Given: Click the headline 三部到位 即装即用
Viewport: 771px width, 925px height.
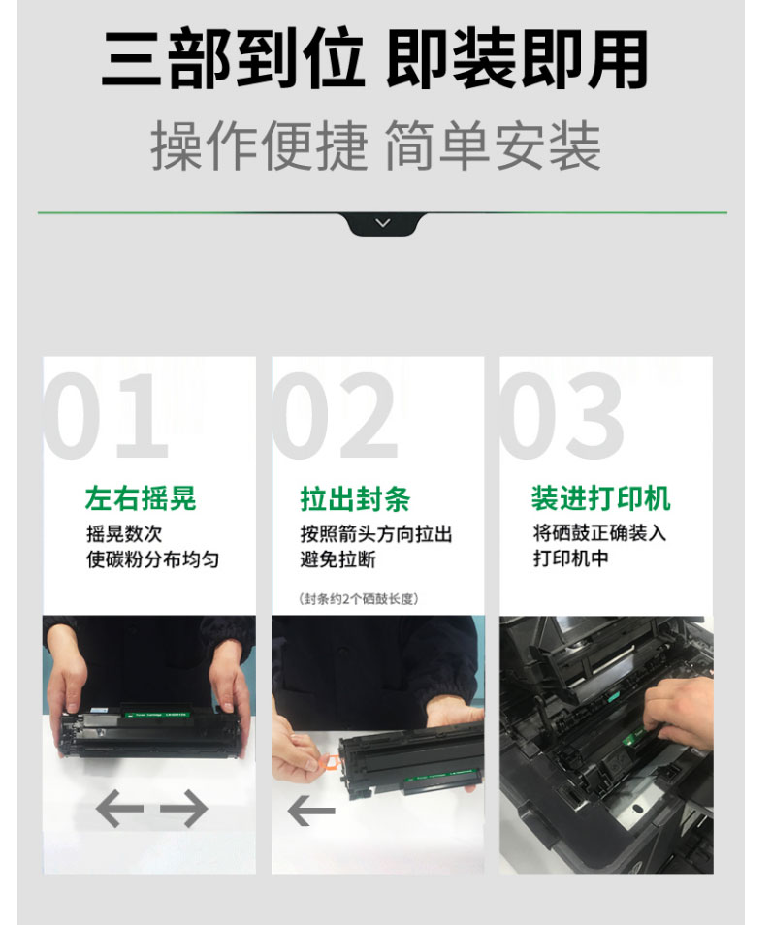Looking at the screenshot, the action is [x=375, y=59].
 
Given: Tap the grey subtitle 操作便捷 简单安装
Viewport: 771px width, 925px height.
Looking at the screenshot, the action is [x=375, y=145].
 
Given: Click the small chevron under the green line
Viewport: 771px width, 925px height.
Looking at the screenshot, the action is [x=383, y=223].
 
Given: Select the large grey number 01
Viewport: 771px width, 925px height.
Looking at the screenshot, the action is [x=106, y=415].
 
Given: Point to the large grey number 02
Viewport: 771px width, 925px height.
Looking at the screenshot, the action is [x=334, y=415].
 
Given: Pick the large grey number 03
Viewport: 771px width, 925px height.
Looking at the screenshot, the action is [x=562, y=415].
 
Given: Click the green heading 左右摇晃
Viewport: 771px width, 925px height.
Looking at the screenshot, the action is [x=141, y=498].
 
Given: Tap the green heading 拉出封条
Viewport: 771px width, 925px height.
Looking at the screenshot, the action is [x=355, y=499].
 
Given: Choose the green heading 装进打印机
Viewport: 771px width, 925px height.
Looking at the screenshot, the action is [x=600, y=498].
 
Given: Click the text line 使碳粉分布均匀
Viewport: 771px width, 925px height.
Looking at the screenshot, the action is [x=153, y=559].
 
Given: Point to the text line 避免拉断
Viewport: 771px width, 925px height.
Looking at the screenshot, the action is [x=338, y=559].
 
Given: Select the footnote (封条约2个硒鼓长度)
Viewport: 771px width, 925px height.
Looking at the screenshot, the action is [x=359, y=599].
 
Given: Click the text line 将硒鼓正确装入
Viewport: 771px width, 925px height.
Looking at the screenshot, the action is [x=599, y=533].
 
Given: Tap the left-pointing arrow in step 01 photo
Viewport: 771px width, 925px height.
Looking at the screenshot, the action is [x=119, y=809].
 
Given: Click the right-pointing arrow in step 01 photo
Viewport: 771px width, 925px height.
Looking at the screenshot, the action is [x=184, y=809].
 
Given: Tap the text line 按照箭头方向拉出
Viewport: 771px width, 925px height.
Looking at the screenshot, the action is [x=376, y=534].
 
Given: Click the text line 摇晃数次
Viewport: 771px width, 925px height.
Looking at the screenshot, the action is [x=124, y=534].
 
